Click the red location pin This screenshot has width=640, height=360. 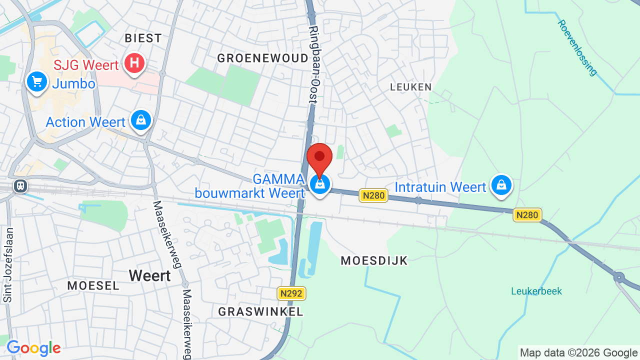click(319, 158)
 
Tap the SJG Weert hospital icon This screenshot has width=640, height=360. click(134, 63)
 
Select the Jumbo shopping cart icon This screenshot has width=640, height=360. click(36, 81)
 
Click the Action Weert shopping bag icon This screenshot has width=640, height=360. click(141, 120)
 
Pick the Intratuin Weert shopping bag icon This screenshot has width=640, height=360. click(501, 185)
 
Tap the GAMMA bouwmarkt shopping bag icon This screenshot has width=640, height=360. click(319, 184)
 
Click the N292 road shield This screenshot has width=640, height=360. click(291, 293)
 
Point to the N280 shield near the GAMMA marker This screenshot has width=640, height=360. click(373, 195)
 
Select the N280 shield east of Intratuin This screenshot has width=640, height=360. click(527, 215)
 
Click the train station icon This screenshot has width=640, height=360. click(20, 186)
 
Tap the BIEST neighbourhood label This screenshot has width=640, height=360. click(143, 38)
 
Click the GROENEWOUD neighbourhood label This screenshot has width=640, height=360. click(263, 58)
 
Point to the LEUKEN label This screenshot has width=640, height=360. click(410, 87)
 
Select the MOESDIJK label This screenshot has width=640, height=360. click(374, 260)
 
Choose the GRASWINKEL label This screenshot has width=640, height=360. click(260, 311)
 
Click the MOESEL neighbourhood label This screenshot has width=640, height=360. click(93, 285)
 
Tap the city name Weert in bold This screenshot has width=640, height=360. click(149, 275)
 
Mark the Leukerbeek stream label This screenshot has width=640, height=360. click(536, 291)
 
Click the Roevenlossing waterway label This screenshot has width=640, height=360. click(577, 47)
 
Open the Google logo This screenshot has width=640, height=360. click(33, 348)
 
